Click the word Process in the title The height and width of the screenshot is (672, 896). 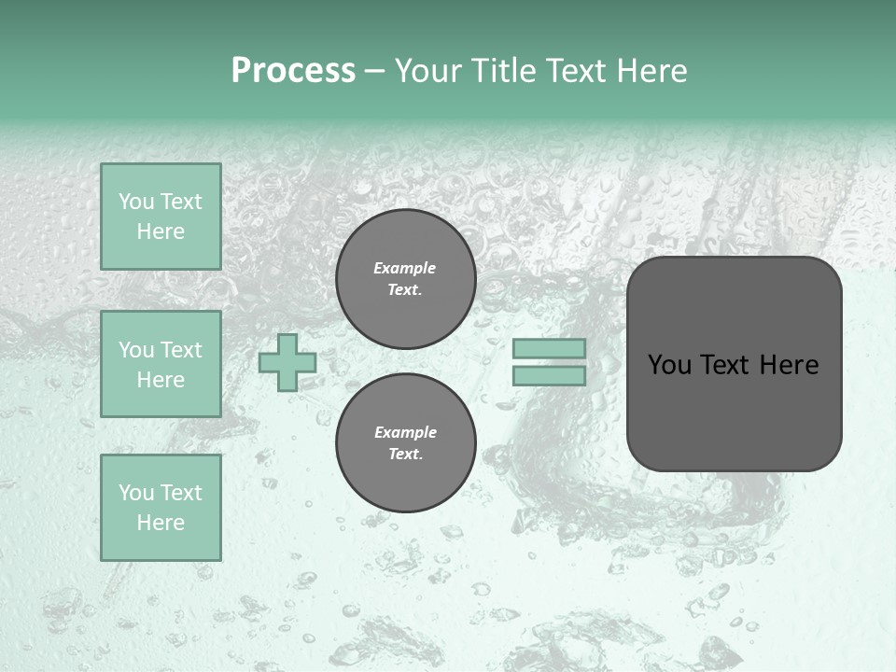293,71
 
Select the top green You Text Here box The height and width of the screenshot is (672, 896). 161,217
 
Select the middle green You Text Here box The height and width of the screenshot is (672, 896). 161,364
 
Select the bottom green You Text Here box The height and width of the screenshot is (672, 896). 161,508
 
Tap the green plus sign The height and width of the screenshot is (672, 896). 287,362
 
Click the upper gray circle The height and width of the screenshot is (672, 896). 405,279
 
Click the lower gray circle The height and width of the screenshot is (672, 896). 405,443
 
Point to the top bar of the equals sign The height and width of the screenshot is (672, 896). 549,349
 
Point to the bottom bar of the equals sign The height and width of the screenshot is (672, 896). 549,375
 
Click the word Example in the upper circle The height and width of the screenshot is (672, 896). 405,268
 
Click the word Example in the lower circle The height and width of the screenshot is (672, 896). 405,432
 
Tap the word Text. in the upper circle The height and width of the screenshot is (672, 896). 405,290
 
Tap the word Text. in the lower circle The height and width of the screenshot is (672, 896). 405,455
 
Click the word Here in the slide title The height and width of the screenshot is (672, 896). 651,71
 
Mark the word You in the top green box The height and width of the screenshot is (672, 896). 135,202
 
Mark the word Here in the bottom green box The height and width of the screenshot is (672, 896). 161,523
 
